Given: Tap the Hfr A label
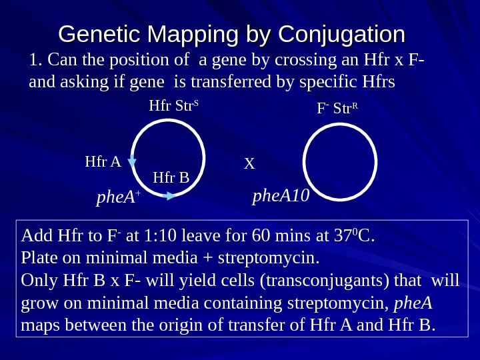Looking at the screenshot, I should point(103,161).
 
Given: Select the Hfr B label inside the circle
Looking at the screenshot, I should point(171,177).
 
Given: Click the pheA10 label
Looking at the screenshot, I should point(281,196).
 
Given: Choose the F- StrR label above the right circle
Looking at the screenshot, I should point(337,107).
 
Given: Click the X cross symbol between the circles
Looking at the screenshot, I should point(249,163).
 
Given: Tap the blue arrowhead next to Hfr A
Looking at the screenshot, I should point(132,161).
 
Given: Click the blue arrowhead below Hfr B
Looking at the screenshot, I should point(171,195).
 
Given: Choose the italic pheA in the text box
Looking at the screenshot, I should point(413,303).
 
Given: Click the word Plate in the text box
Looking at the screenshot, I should point(37,257).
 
